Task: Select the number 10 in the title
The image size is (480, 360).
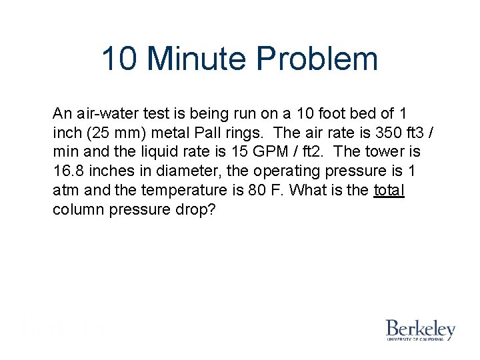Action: click(120, 59)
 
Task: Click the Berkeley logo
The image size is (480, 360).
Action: click(420, 330)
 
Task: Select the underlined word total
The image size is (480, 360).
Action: click(389, 190)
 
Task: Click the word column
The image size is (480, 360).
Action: click(77, 209)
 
